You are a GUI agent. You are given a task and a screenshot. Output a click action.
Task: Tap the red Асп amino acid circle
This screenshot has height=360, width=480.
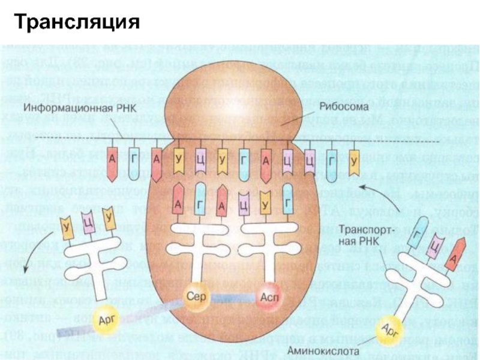pos(268,298)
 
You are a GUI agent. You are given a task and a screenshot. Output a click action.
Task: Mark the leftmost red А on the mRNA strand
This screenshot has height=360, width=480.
pos(112,159)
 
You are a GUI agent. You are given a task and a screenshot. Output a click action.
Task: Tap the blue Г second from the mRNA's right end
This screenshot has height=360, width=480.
pos(332,161)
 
